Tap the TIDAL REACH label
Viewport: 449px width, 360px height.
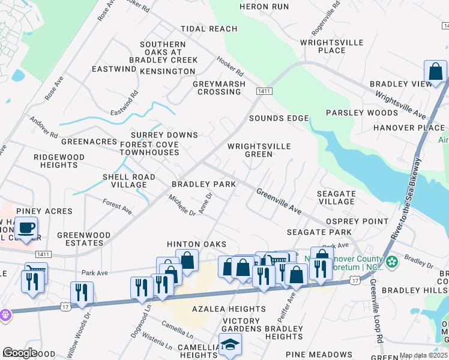pyautogui.click(x=209, y=29)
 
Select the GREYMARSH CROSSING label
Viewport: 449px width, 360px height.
pyautogui.click(x=219, y=88)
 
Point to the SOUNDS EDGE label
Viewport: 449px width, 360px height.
pyautogui.click(x=279, y=118)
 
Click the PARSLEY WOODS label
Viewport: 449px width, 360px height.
pyautogui.click(x=362, y=113)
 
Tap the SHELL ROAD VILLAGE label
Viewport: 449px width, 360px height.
pyautogui.click(x=128, y=181)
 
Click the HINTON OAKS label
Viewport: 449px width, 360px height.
pyautogui.click(x=196, y=244)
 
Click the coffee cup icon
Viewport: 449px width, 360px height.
pyautogui.click(x=26, y=227)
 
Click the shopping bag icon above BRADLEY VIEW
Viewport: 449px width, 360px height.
pyautogui.click(x=435, y=71)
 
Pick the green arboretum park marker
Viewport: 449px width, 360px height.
pyautogui.click(x=392, y=262)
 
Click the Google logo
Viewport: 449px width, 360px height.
pyautogui.click(x=20, y=353)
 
